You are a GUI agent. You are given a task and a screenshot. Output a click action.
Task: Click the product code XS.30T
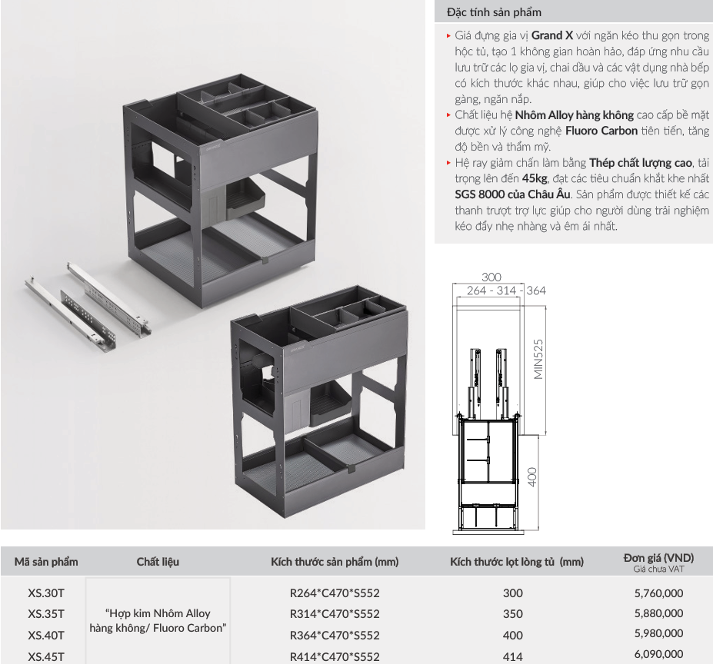point(46,593)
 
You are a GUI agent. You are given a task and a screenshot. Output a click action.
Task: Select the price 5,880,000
point(658,613)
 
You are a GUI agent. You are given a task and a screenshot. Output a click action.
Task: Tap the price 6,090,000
point(658,655)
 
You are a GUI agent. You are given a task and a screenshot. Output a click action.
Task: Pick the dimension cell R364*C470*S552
point(335,635)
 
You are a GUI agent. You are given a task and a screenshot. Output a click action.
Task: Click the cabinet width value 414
point(513,656)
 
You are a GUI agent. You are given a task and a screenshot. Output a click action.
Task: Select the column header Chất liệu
point(158,562)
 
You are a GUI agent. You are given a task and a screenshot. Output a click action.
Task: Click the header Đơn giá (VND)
point(658,558)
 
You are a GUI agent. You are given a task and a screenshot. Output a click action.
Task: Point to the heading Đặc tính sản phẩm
point(494,12)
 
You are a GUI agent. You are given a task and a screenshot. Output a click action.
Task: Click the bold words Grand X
point(552,35)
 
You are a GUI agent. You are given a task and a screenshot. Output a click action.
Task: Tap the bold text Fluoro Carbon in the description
point(601,131)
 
